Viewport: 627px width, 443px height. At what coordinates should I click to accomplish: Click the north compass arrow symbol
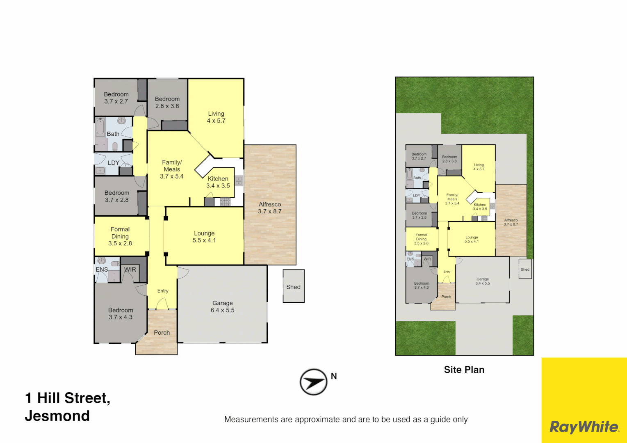pos(313,382)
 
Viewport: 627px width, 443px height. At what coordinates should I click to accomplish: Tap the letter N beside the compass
pos(334,376)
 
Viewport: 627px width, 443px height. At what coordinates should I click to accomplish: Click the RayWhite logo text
pos(584,427)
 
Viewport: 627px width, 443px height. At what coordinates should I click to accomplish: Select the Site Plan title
pos(464,370)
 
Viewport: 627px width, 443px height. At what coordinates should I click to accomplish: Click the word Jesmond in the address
pos(57,416)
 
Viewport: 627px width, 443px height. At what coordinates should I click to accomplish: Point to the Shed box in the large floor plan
pos(294,286)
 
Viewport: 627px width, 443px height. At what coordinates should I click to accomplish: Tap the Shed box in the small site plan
pos(525,269)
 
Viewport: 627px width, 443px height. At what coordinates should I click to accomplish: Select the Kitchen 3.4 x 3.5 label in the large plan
pos(218,182)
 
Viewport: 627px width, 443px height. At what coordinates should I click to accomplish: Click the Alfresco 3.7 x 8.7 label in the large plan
pos(270,208)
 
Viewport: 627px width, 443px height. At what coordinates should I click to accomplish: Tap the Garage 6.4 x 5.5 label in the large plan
pos(223,306)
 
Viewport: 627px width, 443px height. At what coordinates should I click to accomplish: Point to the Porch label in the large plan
pos(162,333)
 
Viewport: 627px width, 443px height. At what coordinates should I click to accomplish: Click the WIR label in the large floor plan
pos(130,269)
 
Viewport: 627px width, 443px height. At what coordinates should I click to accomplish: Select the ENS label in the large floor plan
pos(102,269)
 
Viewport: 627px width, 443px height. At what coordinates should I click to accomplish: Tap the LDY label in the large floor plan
pos(113,163)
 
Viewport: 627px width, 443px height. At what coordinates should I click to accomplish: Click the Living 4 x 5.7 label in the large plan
pos(216,117)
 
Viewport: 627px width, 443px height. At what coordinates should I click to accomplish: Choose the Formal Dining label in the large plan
pos(120,236)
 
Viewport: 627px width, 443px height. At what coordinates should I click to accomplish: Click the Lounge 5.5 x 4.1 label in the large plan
pos(204,237)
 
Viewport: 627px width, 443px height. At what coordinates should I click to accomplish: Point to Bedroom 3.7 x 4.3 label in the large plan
pos(121,313)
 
